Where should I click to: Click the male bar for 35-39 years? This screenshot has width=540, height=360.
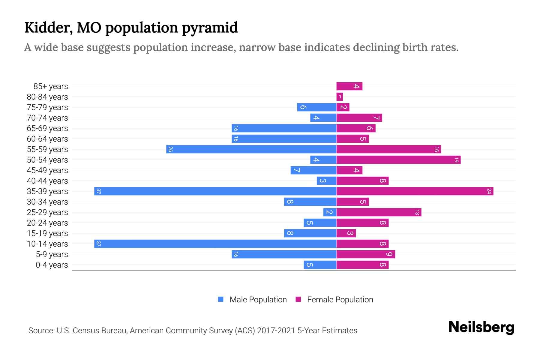pyautogui.click(x=215, y=191)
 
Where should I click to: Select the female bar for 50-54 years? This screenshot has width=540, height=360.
pyautogui.click(x=398, y=160)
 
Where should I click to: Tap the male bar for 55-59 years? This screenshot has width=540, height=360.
pyautogui.click(x=251, y=149)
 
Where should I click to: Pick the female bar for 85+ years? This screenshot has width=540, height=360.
pyautogui.click(x=349, y=86)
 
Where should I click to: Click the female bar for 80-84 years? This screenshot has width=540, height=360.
pyautogui.click(x=340, y=97)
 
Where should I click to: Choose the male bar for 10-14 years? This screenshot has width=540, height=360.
pyautogui.click(x=215, y=244)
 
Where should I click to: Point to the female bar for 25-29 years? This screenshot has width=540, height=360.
pyautogui.click(x=379, y=212)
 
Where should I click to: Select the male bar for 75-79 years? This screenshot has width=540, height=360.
pyautogui.click(x=316, y=107)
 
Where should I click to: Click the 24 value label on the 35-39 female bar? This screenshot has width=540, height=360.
pyautogui.click(x=489, y=191)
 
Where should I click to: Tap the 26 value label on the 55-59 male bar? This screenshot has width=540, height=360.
pyautogui.click(x=170, y=149)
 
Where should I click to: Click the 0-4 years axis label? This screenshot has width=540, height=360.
pyautogui.click(x=52, y=265)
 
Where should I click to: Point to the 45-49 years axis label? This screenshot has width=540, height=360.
pyautogui.click(x=47, y=170)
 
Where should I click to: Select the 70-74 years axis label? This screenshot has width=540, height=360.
pyautogui.click(x=47, y=118)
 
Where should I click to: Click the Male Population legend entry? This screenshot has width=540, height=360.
pyautogui.click(x=258, y=300)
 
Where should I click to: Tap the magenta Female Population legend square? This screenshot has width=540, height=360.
pyautogui.click(x=298, y=299)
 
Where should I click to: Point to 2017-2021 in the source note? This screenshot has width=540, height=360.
pyautogui.click(x=276, y=331)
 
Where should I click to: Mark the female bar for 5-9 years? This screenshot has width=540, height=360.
pyautogui.click(x=365, y=254)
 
